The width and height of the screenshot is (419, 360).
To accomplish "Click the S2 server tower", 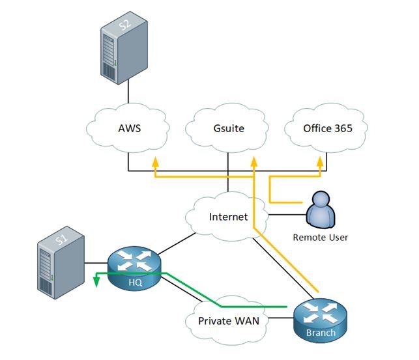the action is (124, 48).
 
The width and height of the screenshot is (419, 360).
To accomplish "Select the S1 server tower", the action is (61, 262).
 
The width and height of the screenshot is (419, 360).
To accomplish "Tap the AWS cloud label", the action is (129, 128).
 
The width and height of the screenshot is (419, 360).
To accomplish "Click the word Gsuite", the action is (229, 128).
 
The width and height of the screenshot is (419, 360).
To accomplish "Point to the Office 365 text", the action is (328, 128).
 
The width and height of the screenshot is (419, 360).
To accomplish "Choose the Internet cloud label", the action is (228, 217).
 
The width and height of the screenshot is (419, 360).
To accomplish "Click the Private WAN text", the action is (229, 321).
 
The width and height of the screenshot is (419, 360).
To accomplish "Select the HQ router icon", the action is (134, 269).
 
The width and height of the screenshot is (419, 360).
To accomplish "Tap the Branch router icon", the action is (321, 321).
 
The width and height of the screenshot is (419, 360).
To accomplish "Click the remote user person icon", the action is (321, 210).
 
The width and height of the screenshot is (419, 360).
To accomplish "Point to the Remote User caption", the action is (321, 238).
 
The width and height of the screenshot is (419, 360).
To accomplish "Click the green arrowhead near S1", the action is (96, 282).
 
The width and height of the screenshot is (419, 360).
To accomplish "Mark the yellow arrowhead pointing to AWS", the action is (155, 162).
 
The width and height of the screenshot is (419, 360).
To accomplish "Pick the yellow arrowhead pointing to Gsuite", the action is (254, 162).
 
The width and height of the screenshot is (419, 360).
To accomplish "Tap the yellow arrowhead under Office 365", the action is (320, 162).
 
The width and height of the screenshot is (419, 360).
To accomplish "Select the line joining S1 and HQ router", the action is (96, 263).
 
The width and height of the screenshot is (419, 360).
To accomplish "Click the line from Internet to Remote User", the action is (287, 215).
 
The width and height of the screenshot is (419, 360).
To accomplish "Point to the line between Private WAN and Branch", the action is (281, 318).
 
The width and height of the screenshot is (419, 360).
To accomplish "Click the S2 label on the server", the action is (125, 25).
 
